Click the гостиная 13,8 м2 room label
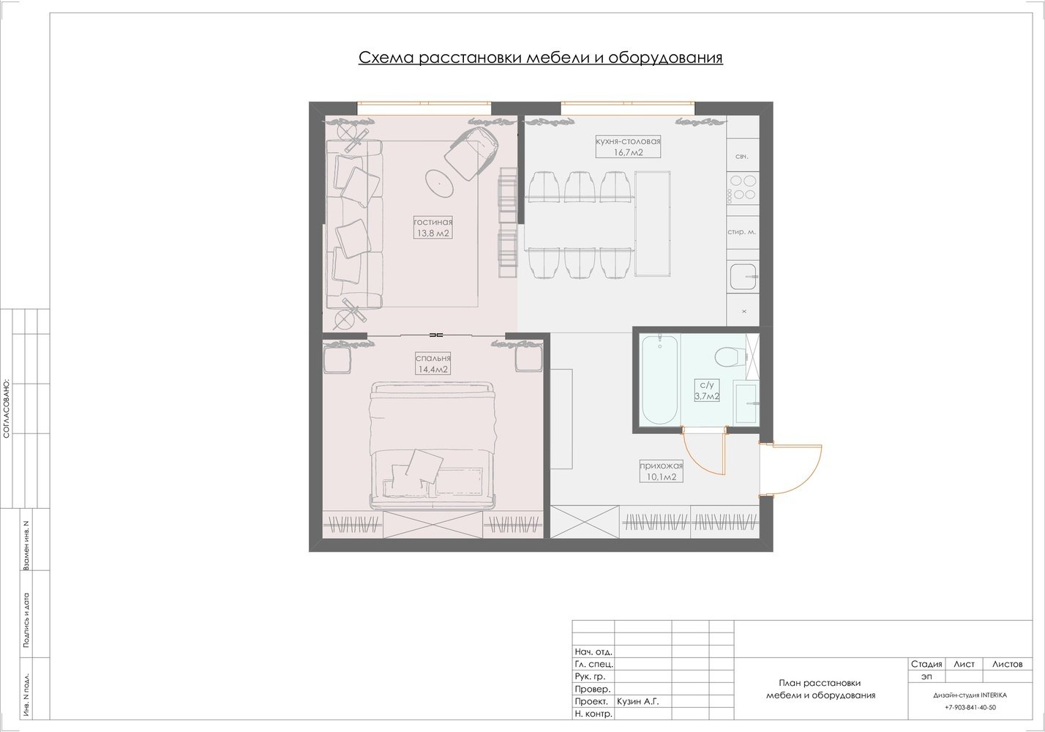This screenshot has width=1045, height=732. [433, 227]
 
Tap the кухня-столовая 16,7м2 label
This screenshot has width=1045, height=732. [628, 146]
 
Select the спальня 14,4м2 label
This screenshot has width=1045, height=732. [433, 363]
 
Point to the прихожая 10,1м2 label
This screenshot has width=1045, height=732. [661, 471]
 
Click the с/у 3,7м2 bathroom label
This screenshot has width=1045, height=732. [707, 390]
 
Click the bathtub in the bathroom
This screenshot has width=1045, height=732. [659, 380]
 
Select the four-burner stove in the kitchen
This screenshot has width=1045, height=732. [743, 187]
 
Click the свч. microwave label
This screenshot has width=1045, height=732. [742, 157]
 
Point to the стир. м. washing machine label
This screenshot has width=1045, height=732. [742, 232]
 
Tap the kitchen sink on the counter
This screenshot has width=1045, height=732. [744, 277]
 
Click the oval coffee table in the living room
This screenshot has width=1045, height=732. [440, 184]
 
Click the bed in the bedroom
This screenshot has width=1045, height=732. [432, 446]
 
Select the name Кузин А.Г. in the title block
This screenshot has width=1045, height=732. [637, 701]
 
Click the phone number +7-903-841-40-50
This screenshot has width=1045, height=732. [970, 707]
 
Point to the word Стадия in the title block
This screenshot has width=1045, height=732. [926, 664]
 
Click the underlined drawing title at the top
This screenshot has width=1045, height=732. [541, 57]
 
